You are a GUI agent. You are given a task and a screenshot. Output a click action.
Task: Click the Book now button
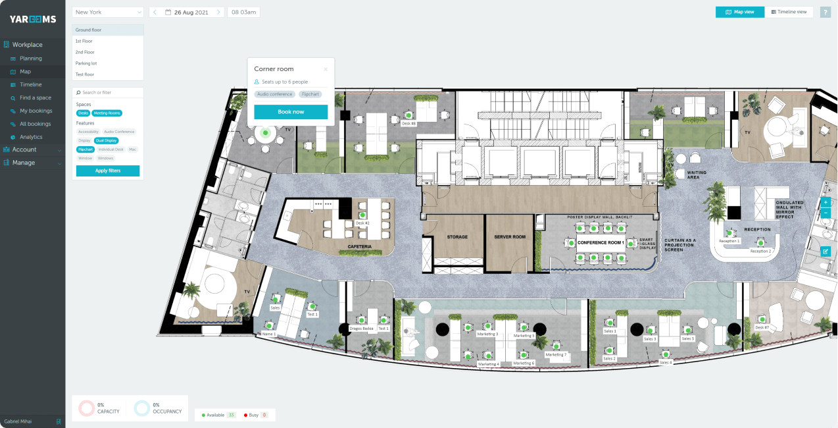291,112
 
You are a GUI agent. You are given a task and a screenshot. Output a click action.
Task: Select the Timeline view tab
789,12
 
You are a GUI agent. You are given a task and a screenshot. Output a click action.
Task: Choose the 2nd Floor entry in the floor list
85,52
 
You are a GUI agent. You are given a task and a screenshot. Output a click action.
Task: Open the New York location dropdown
108,12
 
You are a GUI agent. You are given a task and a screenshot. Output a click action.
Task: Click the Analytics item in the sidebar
31,137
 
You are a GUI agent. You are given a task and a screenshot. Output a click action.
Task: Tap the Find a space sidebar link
36,97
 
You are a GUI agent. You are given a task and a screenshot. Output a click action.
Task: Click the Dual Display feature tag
107,140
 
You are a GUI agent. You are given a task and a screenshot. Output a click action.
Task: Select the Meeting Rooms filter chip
107,113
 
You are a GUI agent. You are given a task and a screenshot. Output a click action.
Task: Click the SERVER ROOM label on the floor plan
510,236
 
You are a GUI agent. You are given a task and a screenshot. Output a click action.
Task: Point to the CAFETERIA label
360,247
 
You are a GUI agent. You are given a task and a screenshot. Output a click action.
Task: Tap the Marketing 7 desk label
556,354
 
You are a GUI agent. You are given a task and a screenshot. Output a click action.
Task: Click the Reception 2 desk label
760,251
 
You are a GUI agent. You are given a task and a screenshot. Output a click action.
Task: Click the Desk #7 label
762,327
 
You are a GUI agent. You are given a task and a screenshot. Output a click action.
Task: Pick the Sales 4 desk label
666,362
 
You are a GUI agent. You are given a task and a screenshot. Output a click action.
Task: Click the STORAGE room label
457,236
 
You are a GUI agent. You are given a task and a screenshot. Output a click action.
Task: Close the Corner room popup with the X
325,69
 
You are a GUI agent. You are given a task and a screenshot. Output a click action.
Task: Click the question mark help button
825,12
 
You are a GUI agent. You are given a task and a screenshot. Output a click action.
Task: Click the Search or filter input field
109,93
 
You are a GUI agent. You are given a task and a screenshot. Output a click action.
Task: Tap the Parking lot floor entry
86,63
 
